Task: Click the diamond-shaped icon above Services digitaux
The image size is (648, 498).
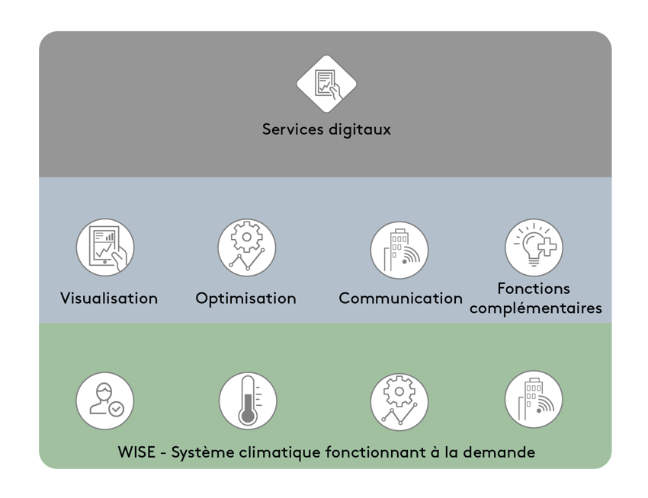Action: click(x=326, y=84)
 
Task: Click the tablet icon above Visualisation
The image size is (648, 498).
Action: click(x=105, y=247)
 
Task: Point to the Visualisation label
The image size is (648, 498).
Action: click(x=109, y=298)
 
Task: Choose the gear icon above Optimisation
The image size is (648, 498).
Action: click(x=246, y=247)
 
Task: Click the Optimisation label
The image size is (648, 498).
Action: click(x=245, y=298)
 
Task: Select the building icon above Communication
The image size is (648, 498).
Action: click(x=399, y=250)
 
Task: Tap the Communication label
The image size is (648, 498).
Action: click(x=400, y=298)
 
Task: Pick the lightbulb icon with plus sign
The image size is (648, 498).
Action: click(x=534, y=247)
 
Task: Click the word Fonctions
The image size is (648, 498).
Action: click(x=534, y=289)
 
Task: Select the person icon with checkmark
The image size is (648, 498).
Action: click(x=105, y=401)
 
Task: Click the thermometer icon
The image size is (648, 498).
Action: click(x=248, y=401)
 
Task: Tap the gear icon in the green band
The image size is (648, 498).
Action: click(x=399, y=402)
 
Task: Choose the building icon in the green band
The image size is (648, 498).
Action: click(x=534, y=400)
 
